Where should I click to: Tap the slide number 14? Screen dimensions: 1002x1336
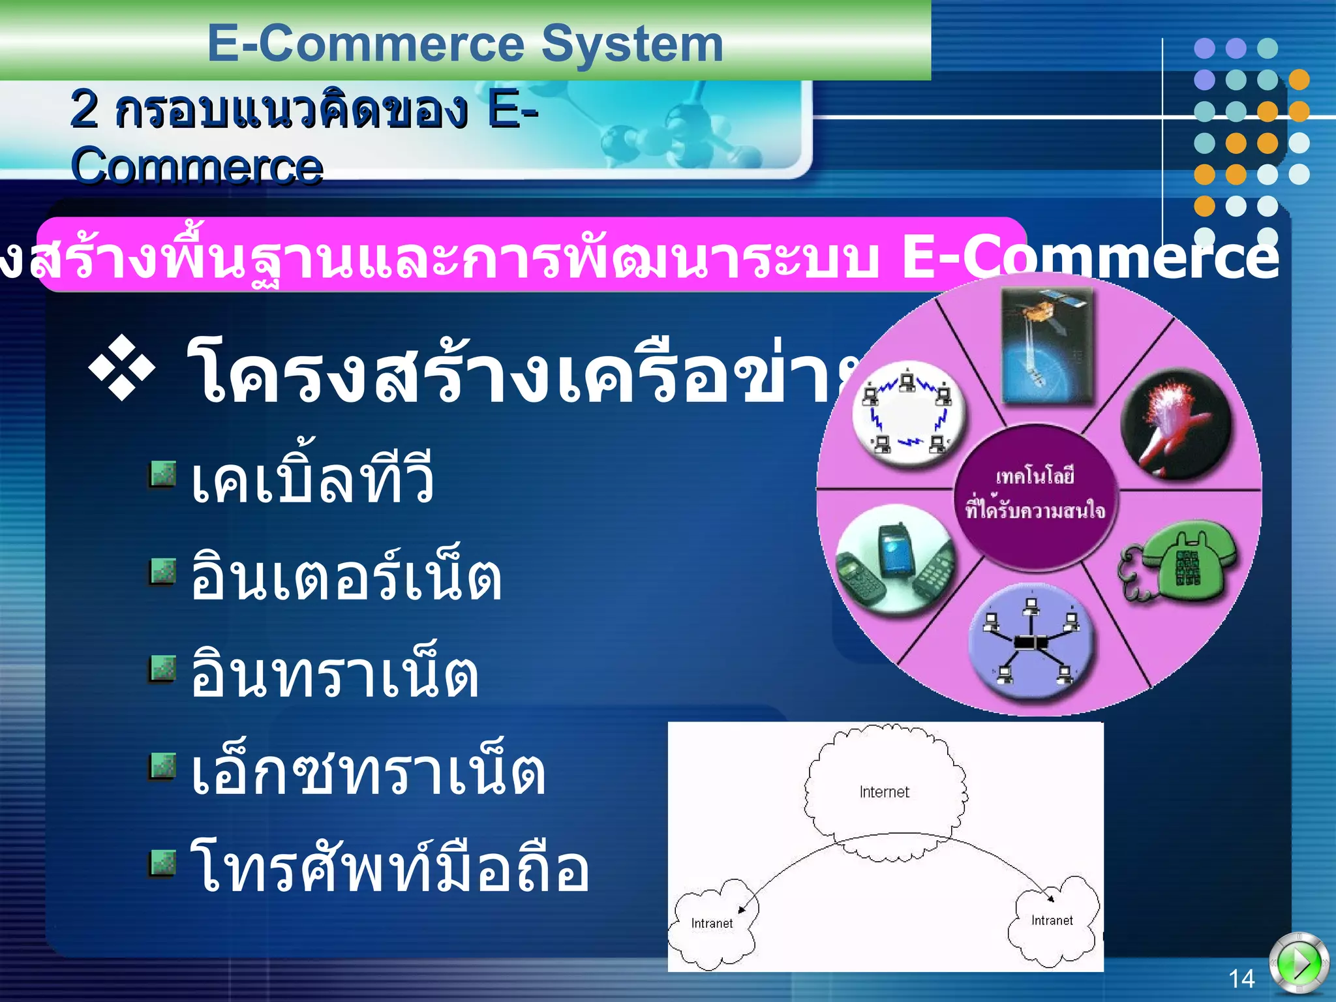click(x=1241, y=979)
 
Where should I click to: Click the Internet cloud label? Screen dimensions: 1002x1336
click(x=884, y=792)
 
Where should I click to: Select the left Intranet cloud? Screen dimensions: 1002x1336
click(x=712, y=922)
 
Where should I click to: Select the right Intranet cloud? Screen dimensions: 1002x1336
click(x=1052, y=920)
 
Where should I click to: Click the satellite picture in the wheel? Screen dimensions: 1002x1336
click(x=1047, y=346)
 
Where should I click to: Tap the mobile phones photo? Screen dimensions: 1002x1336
click(x=896, y=559)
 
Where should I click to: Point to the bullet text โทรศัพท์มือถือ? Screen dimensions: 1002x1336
click(x=389, y=868)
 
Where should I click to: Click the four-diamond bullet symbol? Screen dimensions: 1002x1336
click(x=123, y=367)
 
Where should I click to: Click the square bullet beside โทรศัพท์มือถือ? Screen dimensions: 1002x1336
click(x=162, y=863)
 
